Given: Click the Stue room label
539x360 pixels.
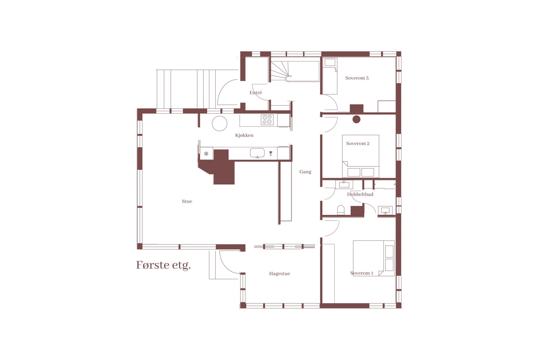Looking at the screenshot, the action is click(187, 201).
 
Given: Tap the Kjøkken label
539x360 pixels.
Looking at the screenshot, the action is click(244, 135).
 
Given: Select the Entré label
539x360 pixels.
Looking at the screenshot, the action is click(256, 93).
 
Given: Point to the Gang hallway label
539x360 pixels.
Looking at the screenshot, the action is click(305, 172).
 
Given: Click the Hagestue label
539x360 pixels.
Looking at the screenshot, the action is click(280, 274).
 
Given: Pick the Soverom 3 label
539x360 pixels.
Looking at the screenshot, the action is click(357, 78).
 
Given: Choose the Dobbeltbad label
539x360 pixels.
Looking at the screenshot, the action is click(360, 194).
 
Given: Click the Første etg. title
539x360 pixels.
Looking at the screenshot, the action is click(163, 265).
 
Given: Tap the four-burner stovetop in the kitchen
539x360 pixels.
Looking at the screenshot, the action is click(267, 120).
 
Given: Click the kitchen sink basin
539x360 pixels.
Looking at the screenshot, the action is click(257, 153).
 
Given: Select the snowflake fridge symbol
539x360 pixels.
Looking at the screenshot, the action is click(206, 154).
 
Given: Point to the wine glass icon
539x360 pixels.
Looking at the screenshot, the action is click(271, 153).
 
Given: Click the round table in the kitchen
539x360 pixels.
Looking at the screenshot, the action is click(220, 123).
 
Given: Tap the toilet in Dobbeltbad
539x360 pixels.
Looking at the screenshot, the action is click(341, 210).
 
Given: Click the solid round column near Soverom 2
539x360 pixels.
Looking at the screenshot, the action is click(356, 119).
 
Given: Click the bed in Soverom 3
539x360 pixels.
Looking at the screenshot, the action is click(330, 76).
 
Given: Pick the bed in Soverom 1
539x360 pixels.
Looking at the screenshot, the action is click(374, 258).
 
